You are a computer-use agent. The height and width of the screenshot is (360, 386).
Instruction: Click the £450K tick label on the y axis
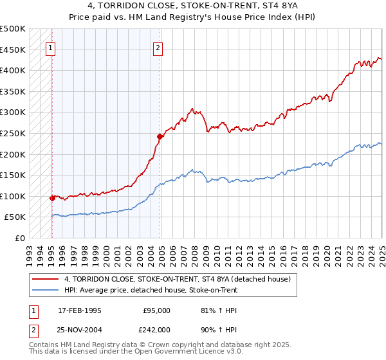coord(13,50)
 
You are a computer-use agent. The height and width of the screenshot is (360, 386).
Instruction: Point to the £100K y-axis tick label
coord(13,196)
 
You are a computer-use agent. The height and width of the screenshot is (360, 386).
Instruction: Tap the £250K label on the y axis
coord(13,133)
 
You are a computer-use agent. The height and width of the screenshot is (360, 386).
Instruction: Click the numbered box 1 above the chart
coord(50,46)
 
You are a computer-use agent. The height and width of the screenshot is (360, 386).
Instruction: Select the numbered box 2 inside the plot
coord(158,46)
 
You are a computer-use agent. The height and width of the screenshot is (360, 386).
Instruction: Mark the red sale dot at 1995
coord(52,198)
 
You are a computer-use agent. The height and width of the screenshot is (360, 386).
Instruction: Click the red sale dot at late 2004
coord(160,136)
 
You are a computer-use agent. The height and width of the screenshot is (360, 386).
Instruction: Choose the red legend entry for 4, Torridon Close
coord(178,279)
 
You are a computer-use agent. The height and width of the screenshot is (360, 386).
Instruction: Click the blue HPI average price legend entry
coord(151,290)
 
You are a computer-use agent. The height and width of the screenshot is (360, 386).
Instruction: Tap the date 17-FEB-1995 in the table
coord(80,310)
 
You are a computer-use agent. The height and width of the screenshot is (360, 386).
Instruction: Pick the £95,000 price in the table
coord(157,310)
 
